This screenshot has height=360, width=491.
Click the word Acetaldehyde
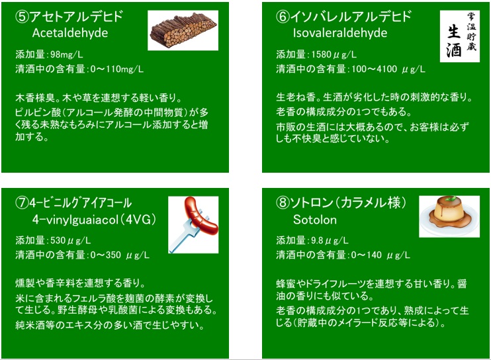(x=70, y=33)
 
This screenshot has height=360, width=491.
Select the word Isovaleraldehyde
(x=340, y=33)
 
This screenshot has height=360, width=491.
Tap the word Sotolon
(x=315, y=220)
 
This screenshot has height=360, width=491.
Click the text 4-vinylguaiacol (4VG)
(x=94, y=220)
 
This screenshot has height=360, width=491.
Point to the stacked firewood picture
(x=183, y=30)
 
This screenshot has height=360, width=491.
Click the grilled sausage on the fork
(x=201, y=216)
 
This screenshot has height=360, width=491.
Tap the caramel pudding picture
(x=449, y=216)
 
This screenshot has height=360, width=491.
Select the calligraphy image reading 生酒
(x=460, y=36)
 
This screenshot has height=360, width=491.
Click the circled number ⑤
(x=22, y=17)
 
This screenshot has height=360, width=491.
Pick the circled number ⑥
(x=283, y=17)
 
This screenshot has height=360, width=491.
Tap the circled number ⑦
(x=22, y=203)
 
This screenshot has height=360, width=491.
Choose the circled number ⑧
(x=283, y=203)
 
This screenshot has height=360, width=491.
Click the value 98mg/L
(x=67, y=54)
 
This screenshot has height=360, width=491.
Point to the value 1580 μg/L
(x=334, y=54)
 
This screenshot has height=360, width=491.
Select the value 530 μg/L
(x=70, y=240)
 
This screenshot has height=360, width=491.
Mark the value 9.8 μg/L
(x=330, y=240)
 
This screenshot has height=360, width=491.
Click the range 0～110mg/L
(x=117, y=69)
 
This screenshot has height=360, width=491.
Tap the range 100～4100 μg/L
(x=388, y=69)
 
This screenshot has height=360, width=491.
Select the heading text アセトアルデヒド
(x=76, y=17)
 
